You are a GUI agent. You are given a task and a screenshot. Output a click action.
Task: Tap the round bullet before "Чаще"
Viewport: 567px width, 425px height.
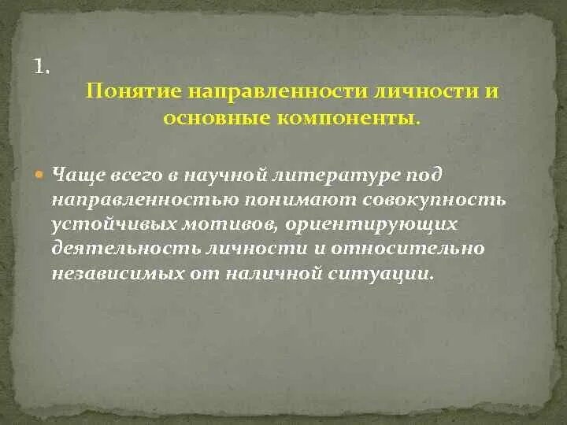tap(42, 173)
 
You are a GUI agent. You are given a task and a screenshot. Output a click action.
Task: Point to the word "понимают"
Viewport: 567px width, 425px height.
tap(299, 199)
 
